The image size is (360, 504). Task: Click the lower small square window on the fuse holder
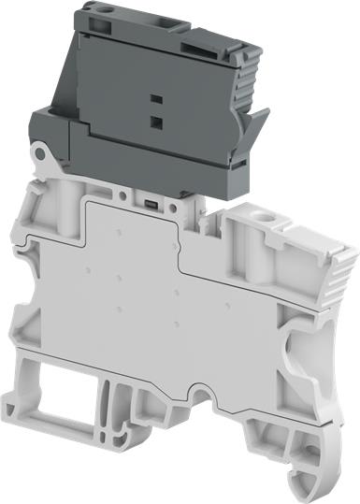155,121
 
